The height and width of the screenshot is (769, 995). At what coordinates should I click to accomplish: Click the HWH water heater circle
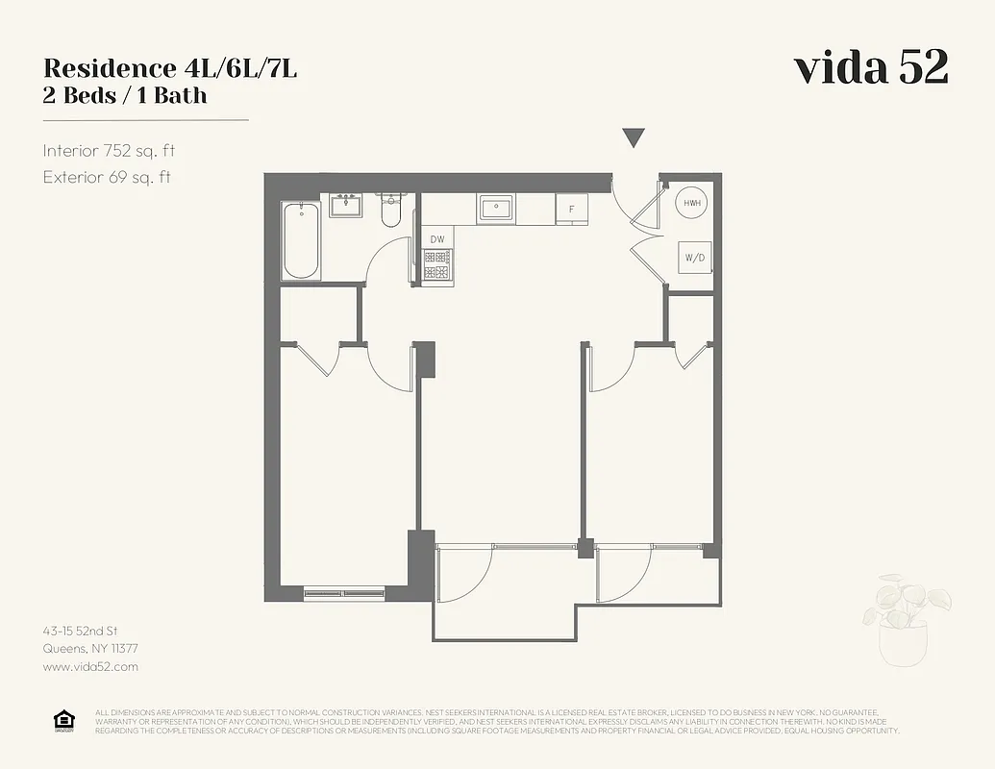[692, 204]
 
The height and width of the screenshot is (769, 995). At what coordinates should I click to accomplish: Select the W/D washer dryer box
[692, 257]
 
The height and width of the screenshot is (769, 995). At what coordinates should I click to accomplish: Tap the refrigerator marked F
[572, 209]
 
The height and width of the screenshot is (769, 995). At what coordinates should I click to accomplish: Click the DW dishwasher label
[437, 239]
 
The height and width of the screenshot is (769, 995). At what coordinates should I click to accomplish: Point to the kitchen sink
[497, 207]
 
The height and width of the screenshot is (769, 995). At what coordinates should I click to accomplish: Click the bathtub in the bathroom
[301, 240]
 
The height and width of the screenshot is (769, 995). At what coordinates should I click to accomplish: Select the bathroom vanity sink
[345, 205]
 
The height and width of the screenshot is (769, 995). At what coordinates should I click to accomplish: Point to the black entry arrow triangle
[633, 138]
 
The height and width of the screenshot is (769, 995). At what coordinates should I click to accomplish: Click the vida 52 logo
[871, 67]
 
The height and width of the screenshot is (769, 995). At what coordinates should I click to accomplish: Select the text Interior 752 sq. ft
[109, 151]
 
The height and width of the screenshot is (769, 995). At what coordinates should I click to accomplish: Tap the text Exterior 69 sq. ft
[107, 177]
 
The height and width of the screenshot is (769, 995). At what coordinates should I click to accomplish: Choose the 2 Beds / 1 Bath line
[125, 95]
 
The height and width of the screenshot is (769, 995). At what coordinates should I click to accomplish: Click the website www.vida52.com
[90, 666]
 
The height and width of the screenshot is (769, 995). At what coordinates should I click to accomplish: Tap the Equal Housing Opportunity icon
[64, 721]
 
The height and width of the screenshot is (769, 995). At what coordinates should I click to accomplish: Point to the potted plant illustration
[906, 620]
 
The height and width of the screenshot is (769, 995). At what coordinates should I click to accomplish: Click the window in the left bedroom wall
[344, 593]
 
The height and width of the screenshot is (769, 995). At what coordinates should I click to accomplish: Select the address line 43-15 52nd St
[80, 631]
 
